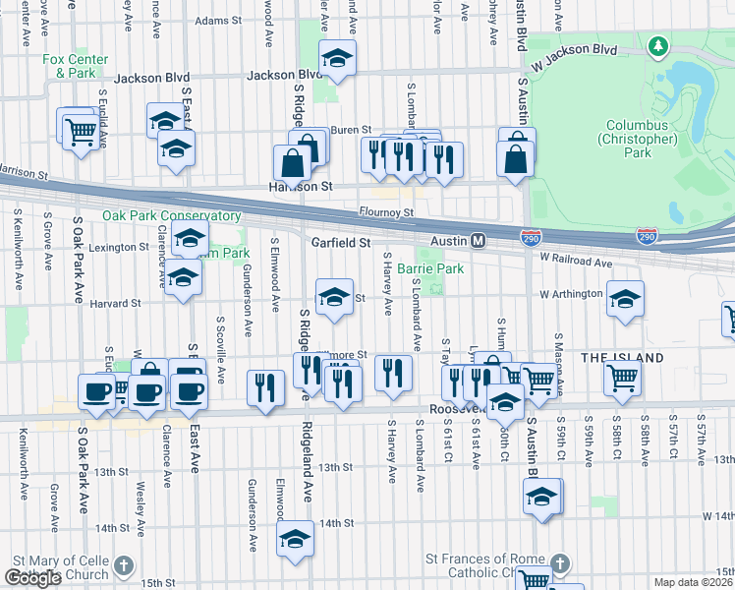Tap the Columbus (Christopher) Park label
tap(642, 139)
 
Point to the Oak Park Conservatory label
tap(171, 215)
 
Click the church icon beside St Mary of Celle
tap(123, 566)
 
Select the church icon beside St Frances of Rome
tap(559, 564)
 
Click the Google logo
tap(33, 578)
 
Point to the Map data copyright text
tap(694, 582)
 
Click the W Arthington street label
tap(570, 294)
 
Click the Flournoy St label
tap(386, 211)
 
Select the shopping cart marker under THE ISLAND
tap(623, 378)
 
